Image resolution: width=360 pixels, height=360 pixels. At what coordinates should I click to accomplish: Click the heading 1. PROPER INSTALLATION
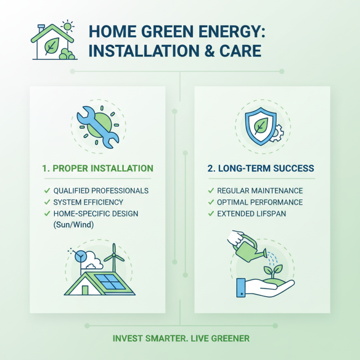[98, 169]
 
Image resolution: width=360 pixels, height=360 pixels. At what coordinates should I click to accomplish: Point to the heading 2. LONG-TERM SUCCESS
[261, 169]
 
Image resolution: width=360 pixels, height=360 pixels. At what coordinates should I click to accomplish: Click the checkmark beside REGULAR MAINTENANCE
[210, 191]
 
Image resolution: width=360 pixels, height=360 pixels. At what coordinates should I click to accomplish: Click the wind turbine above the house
[114, 258]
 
